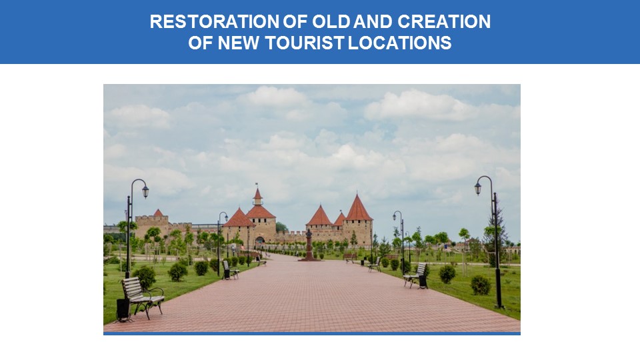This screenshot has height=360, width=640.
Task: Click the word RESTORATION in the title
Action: (x=215, y=21)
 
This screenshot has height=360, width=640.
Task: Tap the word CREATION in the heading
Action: (x=444, y=21)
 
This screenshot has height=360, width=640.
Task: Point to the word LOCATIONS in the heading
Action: (x=399, y=43)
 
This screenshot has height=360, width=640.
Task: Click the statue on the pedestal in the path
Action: (x=309, y=244)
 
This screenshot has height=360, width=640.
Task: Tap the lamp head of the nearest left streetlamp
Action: (x=145, y=191)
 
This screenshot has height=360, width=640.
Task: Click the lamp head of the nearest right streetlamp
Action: (x=478, y=188)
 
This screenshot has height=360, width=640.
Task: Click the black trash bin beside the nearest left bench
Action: (x=123, y=309)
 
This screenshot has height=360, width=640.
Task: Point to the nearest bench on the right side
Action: (x=415, y=275)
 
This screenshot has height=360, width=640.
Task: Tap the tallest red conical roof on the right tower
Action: (x=358, y=208)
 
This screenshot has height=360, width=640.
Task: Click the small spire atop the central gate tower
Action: (x=257, y=195)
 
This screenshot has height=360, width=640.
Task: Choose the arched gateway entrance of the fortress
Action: (x=259, y=241)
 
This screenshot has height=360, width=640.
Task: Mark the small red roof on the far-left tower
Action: (x=158, y=213)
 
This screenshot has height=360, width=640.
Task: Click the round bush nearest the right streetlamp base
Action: (x=481, y=285)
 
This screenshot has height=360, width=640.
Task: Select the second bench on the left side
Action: (x=231, y=270)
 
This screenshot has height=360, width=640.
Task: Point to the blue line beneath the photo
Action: (x=312, y=333)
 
